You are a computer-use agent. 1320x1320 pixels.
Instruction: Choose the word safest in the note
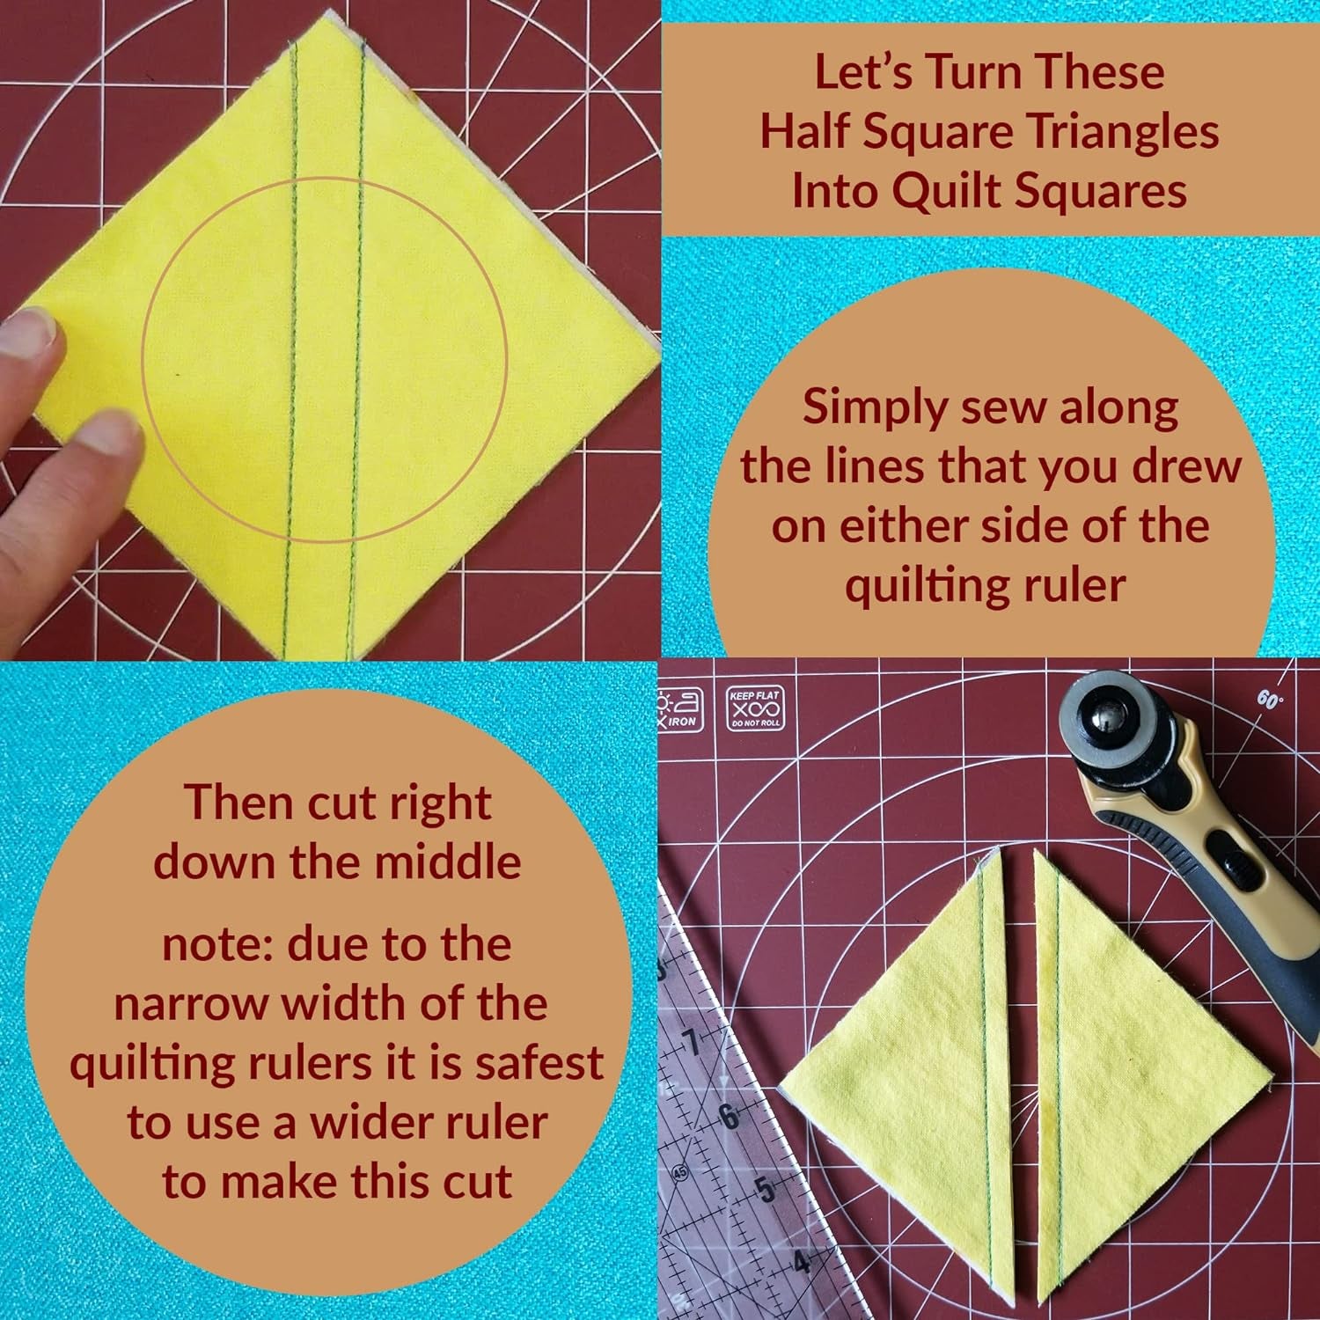(539, 1063)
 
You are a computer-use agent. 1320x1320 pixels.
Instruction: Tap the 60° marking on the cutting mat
(1269, 700)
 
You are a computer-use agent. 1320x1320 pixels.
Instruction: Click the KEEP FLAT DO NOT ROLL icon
(755, 708)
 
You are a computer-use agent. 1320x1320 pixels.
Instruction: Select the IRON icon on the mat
(678, 709)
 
